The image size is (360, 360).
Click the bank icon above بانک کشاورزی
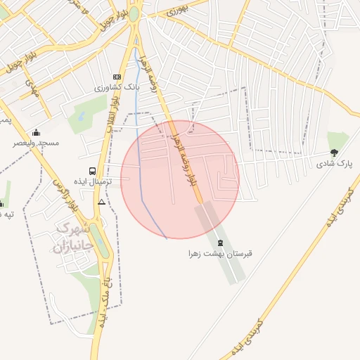tap(117, 77)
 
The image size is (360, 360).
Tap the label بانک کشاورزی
tap(117, 89)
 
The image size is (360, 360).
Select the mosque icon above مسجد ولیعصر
tap(37, 132)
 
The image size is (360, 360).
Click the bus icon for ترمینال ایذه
tap(92, 171)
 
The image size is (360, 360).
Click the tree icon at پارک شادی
tap(334, 153)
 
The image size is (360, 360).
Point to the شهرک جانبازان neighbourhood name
tap(70, 238)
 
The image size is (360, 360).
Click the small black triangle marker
tap(102, 202)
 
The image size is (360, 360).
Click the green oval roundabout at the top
tap(133, 14)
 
